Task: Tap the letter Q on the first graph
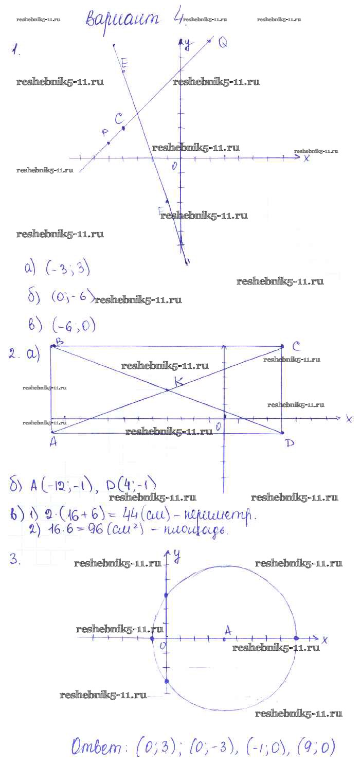pyautogui.click(x=222, y=43)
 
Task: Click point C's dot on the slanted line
pyautogui.click(x=123, y=128)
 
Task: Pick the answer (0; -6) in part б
pyautogui.click(x=73, y=297)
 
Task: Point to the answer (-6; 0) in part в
pyautogui.click(x=74, y=325)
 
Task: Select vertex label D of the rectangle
pyautogui.click(x=290, y=442)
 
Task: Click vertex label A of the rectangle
pyautogui.click(x=53, y=442)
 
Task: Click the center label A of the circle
pyautogui.click(x=228, y=630)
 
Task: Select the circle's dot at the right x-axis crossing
pyautogui.click(x=296, y=638)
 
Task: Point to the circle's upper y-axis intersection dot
pyautogui.click(x=166, y=595)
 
